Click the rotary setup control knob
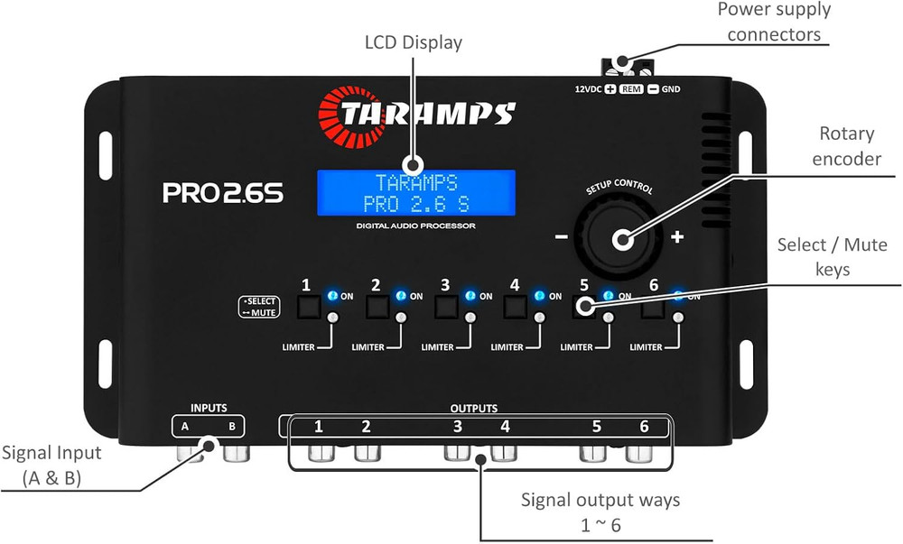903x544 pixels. [x=621, y=239]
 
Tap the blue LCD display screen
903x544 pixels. [x=415, y=191]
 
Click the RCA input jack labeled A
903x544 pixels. [x=190, y=450]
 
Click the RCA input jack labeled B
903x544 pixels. [x=237, y=450]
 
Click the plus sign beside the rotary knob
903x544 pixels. [x=677, y=238]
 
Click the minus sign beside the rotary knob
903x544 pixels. [x=561, y=238]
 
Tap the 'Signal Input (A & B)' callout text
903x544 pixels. [x=51, y=465]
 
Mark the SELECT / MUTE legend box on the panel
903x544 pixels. [x=259, y=307]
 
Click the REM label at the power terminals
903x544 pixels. [x=632, y=89]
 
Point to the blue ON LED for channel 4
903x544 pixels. [x=539, y=295]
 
